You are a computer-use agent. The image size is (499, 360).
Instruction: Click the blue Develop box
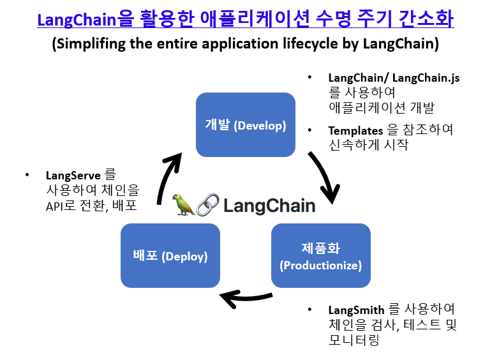tap(245, 124)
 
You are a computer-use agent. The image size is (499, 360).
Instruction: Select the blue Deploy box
tap(170, 255)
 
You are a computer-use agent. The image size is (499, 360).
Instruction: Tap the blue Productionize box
tap(320, 255)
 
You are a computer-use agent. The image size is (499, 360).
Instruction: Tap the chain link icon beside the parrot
tap(206, 205)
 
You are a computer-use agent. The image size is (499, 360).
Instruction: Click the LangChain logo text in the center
tap(269, 205)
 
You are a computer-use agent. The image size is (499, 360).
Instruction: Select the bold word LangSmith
tap(357, 310)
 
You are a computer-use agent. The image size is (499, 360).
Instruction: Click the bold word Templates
tap(355, 130)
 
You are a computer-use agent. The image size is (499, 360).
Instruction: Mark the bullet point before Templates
tap(310, 130)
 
